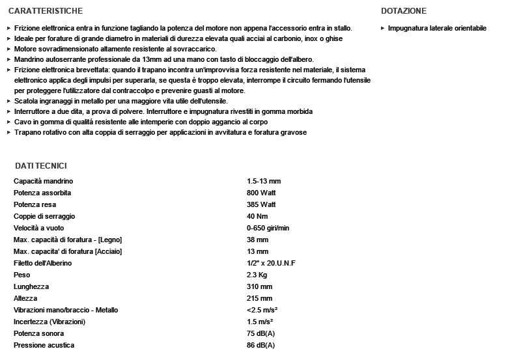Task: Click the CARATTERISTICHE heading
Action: (x=46, y=11)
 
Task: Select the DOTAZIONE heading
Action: (x=404, y=11)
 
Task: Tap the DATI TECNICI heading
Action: (x=41, y=166)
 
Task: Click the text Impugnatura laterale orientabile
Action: (x=437, y=29)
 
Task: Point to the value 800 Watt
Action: (x=261, y=193)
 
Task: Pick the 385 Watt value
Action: (x=261, y=204)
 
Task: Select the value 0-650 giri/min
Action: (x=268, y=228)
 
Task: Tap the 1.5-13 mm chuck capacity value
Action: (x=264, y=181)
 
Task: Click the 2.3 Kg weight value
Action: (x=257, y=275)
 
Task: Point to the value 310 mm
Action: (x=259, y=286)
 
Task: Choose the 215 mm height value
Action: (x=259, y=298)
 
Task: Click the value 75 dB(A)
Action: (x=260, y=333)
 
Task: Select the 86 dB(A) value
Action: (x=260, y=345)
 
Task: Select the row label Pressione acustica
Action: (x=44, y=345)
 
